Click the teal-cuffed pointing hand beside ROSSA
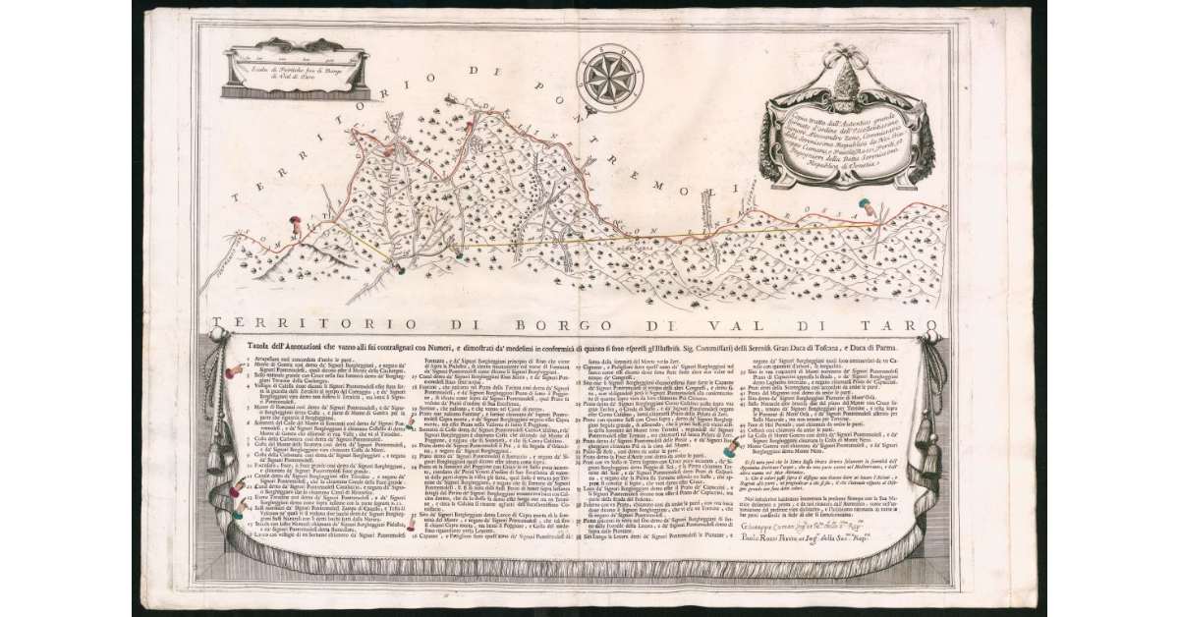click(869, 206)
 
